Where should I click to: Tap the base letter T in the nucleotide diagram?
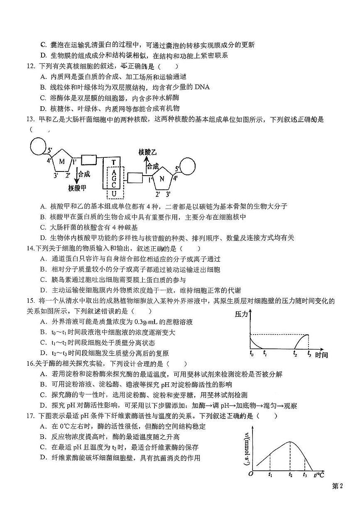click(113, 162)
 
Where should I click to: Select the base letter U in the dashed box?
click(113, 194)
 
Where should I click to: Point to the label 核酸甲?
click(77, 188)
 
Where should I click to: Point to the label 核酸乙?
click(147, 153)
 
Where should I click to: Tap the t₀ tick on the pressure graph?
click(251, 354)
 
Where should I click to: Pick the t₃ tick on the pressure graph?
click(309, 354)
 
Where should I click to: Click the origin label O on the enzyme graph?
click(250, 474)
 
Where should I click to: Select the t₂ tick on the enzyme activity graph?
click(291, 474)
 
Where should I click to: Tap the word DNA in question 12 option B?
click(201, 87)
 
